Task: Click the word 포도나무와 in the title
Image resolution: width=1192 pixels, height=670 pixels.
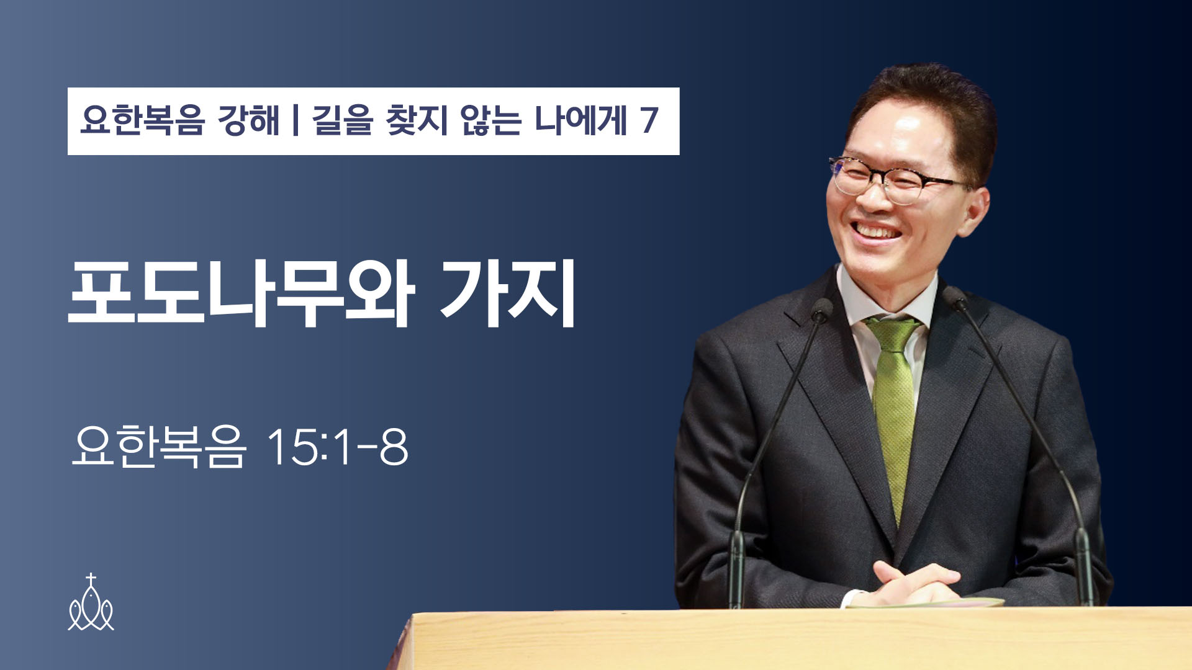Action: coord(241,293)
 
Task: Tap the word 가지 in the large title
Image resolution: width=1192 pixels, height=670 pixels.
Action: coord(508,293)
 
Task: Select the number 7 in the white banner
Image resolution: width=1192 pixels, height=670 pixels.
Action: coord(649,120)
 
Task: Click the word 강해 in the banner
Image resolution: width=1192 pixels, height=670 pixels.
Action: coord(248,120)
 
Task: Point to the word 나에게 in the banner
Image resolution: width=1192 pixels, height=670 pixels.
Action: coord(580,120)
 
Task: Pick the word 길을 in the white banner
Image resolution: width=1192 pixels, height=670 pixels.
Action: coord(342,120)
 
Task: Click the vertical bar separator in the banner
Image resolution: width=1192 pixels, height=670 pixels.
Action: coord(296,120)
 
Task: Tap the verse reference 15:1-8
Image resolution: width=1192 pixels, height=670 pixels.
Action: coord(337,446)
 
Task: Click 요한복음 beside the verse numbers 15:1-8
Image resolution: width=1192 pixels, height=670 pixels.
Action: coord(159,446)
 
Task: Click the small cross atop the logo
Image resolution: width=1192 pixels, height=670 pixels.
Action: coord(91,579)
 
